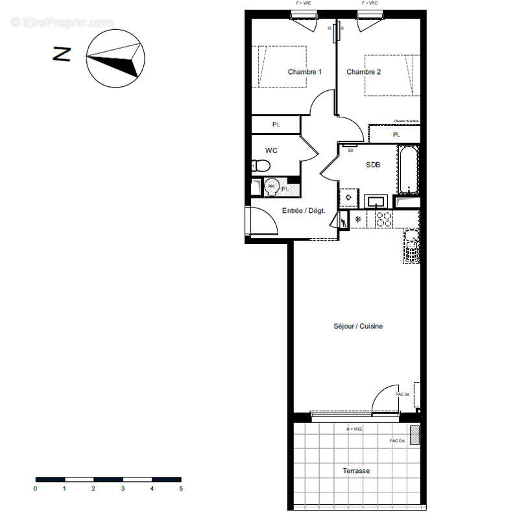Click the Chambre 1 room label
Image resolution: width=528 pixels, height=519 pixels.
(304, 71)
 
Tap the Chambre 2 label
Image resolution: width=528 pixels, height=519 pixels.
(363, 71)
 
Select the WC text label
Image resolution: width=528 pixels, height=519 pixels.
(271, 151)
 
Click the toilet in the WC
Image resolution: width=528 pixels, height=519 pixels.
(260, 166)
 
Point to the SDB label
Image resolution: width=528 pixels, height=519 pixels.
(373, 165)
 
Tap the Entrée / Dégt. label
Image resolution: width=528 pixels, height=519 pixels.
(304, 210)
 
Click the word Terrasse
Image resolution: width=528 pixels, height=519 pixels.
(356, 470)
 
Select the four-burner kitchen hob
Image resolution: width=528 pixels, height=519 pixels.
(383, 219)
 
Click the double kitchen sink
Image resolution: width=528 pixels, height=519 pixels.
(411, 247)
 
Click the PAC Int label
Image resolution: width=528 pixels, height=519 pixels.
(402, 394)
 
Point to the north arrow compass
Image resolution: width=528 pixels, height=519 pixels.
(114, 58)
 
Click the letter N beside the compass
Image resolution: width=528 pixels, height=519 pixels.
(62, 54)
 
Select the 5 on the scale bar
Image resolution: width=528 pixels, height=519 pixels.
(181, 489)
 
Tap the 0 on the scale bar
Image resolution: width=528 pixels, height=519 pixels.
(36, 489)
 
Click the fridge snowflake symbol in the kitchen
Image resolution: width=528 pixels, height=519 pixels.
(357, 219)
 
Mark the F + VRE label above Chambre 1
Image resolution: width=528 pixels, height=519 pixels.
(303, 3)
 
